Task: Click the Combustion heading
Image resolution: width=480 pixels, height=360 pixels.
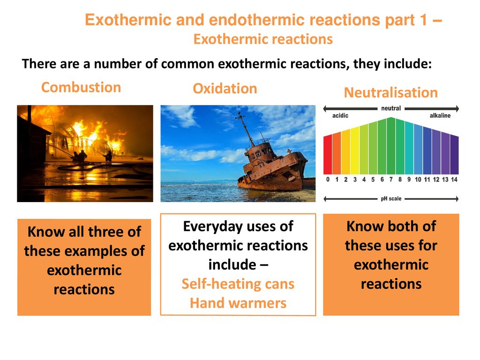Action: coord(81,87)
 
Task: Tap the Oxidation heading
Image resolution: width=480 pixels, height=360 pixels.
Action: coord(225,89)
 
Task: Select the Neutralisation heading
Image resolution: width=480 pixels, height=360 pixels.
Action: coord(391,92)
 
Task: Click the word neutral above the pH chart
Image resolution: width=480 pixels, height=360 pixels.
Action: coord(391,108)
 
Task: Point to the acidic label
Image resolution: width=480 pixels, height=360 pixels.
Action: coord(340,115)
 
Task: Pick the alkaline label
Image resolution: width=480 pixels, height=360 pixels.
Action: coord(440,115)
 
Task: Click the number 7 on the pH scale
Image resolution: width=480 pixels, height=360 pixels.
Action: coord(391,180)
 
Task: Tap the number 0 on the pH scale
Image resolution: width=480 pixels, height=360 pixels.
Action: coord(328,180)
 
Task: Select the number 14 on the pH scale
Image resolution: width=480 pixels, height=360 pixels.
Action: coord(454,180)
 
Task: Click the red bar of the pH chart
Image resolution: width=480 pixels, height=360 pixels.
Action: coord(328,155)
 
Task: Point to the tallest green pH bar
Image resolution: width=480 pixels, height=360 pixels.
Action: coord(391,146)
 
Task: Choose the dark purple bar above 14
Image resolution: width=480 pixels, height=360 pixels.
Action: coord(454,155)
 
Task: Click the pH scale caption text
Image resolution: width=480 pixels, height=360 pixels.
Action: coord(391,199)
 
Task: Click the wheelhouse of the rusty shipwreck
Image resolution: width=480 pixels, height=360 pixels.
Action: coord(259,150)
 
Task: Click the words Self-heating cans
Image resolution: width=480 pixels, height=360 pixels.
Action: coord(238,284)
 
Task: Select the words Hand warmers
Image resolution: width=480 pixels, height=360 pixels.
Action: coord(238,303)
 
